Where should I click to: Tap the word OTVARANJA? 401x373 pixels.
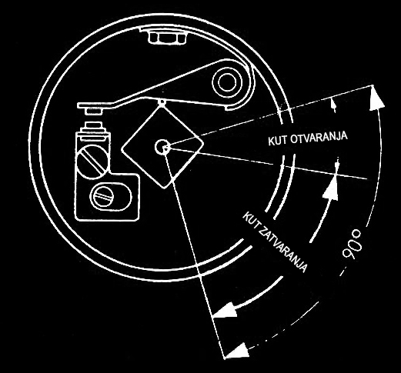click(x=319, y=137)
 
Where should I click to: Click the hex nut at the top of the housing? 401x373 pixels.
click(x=167, y=38)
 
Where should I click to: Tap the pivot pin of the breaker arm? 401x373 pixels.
click(x=227, y=82)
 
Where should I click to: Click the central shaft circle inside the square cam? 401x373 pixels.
click(x=162, y=147)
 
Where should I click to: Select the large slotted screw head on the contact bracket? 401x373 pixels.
click(x=92, y=161)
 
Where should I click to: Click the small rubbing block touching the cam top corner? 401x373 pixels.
click(x=162, y=102)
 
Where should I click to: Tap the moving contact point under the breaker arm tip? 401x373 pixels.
click(x=94, y=112)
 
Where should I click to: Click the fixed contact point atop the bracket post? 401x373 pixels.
click(x=94, y=125)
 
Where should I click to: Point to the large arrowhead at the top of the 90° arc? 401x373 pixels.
click(x=376, y=98)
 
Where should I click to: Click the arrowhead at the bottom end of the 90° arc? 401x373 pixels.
click(x=238, y=350)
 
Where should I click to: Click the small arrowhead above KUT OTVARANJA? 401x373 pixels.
click(x=333, y=105)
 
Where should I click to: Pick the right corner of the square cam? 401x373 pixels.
click(x=203, y=143)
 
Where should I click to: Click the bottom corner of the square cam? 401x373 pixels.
click(x=165, y=188)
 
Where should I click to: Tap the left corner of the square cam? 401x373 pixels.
click(x=121, y=150)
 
